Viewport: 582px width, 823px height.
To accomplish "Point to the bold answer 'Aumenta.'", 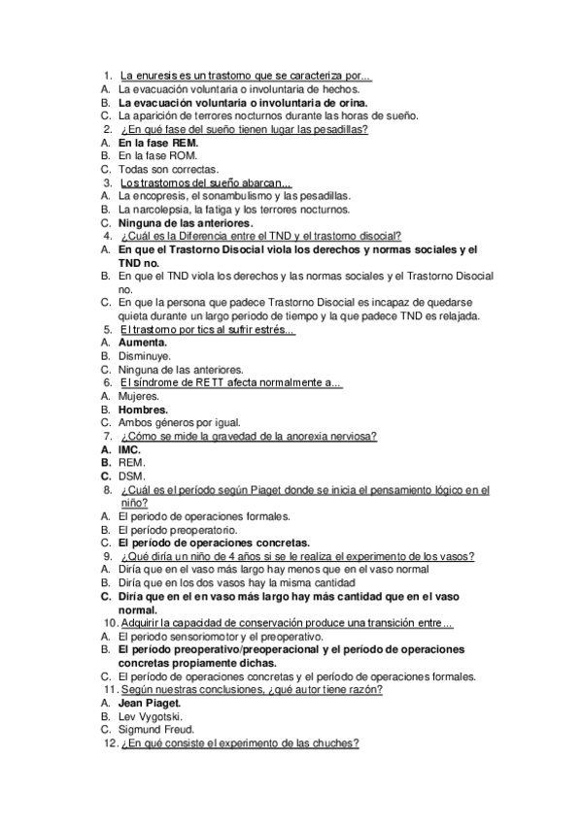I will coord(143,343).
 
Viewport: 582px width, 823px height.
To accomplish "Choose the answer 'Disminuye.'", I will coord(145,356).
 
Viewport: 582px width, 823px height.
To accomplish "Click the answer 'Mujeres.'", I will coord(139,396).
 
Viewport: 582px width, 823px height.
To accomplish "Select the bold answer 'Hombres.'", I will coord(144,410).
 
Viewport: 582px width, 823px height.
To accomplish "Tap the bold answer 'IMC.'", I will coord(130,450).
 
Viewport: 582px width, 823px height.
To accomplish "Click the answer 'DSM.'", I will coord(131,477).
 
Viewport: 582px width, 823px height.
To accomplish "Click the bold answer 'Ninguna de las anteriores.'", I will coord(186,222).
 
